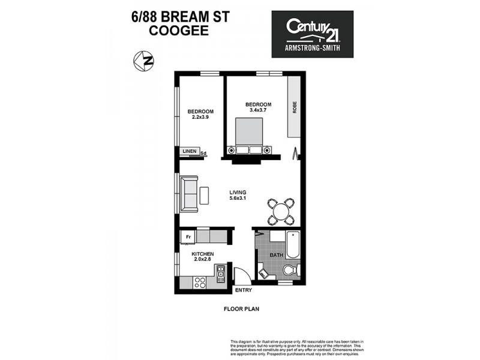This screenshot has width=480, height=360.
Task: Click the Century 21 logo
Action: click(x=313, y=34)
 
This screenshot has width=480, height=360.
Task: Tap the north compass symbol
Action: click(x=142, y=61)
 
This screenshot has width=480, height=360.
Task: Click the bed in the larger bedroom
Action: click(x=248, y=135)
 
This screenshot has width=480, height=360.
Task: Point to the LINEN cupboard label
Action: click(x=190, y=151)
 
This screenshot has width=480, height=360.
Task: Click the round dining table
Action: click(x=281, y=211)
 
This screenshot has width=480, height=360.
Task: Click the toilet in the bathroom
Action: click(x=290, y=269)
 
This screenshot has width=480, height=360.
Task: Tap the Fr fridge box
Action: click(x=188, y=236)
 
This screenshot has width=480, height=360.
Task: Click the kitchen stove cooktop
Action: click(x=200, y=283)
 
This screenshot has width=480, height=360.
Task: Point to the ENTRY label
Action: click(x=244, y=290)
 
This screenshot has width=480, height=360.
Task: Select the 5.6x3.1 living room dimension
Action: click(x=238, y=199)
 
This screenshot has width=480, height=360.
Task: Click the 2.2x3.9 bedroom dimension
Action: click(x=200, y=118)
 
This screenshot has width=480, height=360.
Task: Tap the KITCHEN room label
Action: click(x=202, y=254)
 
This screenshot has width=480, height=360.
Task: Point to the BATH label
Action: click(x=276, y=254)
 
